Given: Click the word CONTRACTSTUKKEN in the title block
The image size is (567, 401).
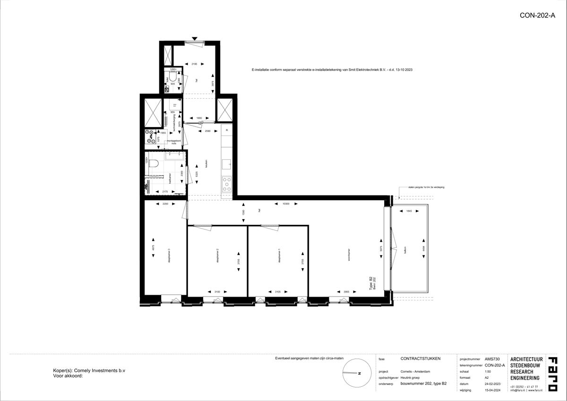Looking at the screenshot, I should pos(420,358).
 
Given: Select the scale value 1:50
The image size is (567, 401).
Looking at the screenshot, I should pos(489,372).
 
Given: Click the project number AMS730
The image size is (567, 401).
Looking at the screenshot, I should pos(491,359).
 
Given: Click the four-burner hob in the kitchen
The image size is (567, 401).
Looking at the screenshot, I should pos(227,183).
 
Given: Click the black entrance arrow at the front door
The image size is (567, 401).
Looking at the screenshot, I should pos(194,38).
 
